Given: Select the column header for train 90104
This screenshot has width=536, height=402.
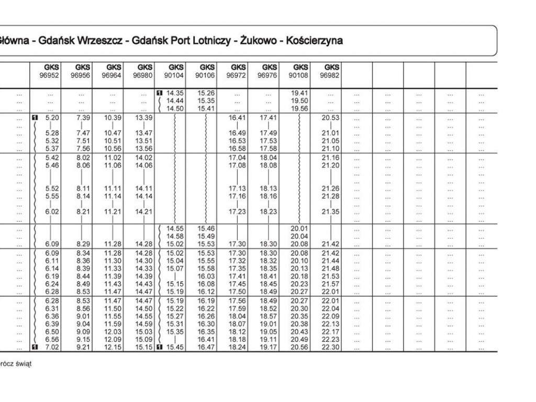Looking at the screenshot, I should [x=176, y=75].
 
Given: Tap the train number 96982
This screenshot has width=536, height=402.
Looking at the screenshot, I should [x=331, y=75].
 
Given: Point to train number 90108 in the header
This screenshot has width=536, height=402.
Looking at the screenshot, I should [x=300, y=75].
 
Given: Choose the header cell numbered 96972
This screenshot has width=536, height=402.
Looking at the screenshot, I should [x=238, y=75].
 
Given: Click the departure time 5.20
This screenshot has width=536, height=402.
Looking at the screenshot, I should [x=52, y=118].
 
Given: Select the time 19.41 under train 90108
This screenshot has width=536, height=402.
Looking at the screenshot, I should [x=299, y=93].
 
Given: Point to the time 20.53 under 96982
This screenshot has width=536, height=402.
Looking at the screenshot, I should [x=331, y=118].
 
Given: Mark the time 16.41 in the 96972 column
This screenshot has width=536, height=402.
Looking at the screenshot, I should [x=238, y=118].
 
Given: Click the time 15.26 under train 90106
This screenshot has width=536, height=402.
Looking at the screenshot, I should [x=207, y=93].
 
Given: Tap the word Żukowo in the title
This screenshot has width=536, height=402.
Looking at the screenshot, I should [x=258, y=40].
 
